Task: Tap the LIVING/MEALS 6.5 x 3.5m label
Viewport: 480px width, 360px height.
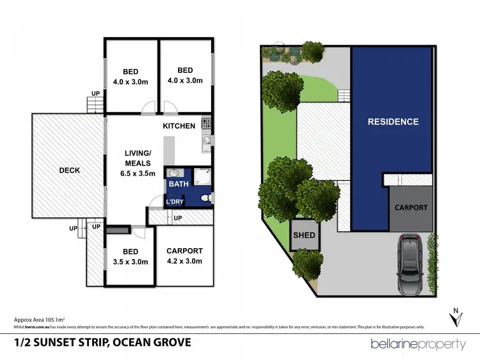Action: (138, 163)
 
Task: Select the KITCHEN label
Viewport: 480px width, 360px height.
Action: (179, 126)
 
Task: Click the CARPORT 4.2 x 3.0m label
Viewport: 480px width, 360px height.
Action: (184, 256)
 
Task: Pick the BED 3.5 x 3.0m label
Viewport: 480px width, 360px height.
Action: (130, 257)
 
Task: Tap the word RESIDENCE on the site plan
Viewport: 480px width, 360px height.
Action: (393, 121)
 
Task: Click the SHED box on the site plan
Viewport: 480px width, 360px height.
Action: (304, 235)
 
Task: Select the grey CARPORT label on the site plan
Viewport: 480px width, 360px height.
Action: (410, 208)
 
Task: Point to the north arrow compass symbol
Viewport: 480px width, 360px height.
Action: (455, 317)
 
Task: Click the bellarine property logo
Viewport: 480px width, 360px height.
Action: (419, 344)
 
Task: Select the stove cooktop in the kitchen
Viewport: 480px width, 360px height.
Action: (206, 122)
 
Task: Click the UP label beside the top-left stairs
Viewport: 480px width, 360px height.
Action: (95, 93)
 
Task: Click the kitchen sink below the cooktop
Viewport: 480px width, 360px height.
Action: (206, 140)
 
